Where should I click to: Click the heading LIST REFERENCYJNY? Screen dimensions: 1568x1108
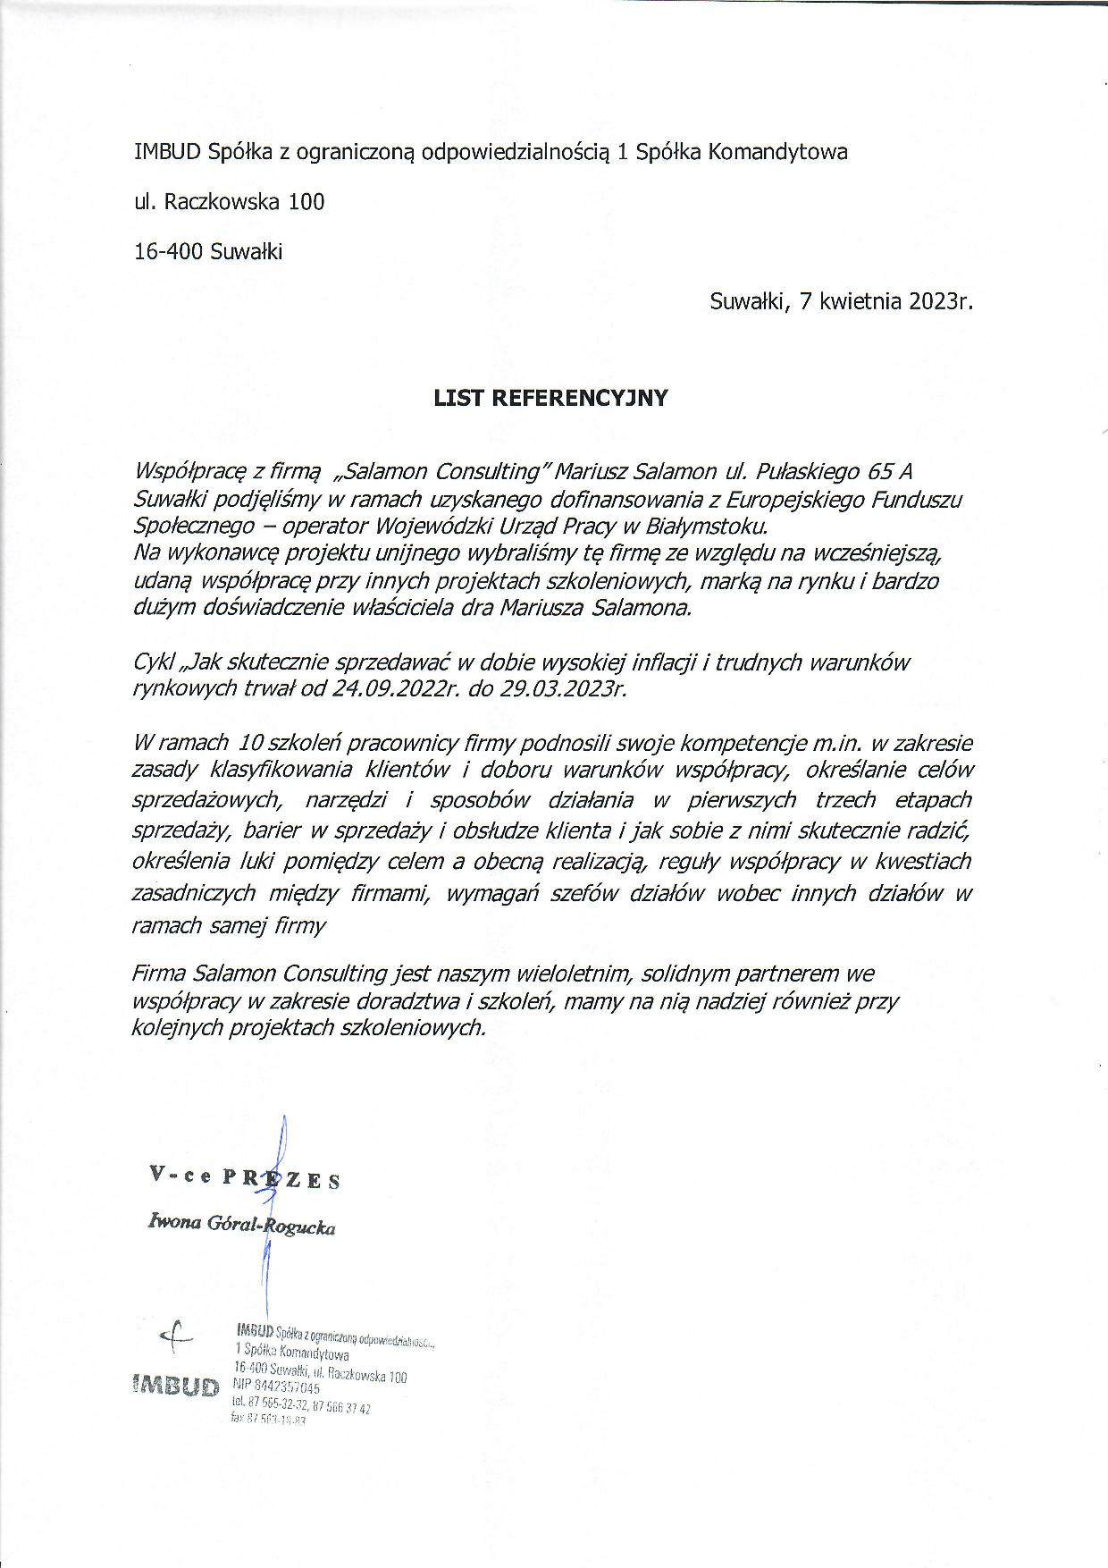(x=550, y=399)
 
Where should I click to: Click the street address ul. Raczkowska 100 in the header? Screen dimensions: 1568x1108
(x=230, y=202)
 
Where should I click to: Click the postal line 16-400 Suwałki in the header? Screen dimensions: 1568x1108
(x=208, y=252)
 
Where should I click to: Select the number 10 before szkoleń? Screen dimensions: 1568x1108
(x=253, y=743)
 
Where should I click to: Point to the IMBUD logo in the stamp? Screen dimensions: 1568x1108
(x=176, y=1387)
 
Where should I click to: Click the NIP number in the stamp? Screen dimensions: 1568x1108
(x=288, y=1388)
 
